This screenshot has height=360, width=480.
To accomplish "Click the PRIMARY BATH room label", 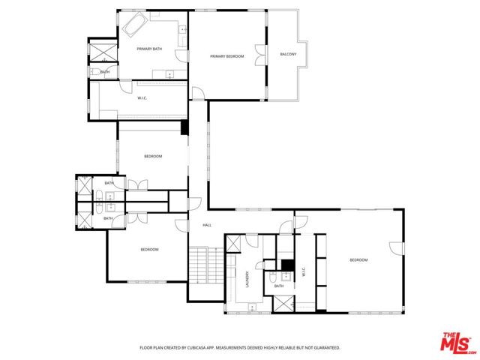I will tap(148, 49).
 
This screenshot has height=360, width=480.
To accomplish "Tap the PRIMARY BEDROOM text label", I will tap(227, 56).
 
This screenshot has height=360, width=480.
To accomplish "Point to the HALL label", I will tap(207, 225).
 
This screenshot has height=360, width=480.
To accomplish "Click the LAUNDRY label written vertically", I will tap(247, 280).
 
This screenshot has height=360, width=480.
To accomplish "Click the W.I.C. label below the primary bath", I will tap(143, 98).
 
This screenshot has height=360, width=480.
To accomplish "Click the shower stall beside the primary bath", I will tap(100, 52).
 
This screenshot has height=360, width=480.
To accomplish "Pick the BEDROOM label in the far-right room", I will tap(358, 259).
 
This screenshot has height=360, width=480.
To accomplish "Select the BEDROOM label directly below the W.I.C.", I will tap(153, 156).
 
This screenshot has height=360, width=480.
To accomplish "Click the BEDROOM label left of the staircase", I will tap(149, 249).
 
